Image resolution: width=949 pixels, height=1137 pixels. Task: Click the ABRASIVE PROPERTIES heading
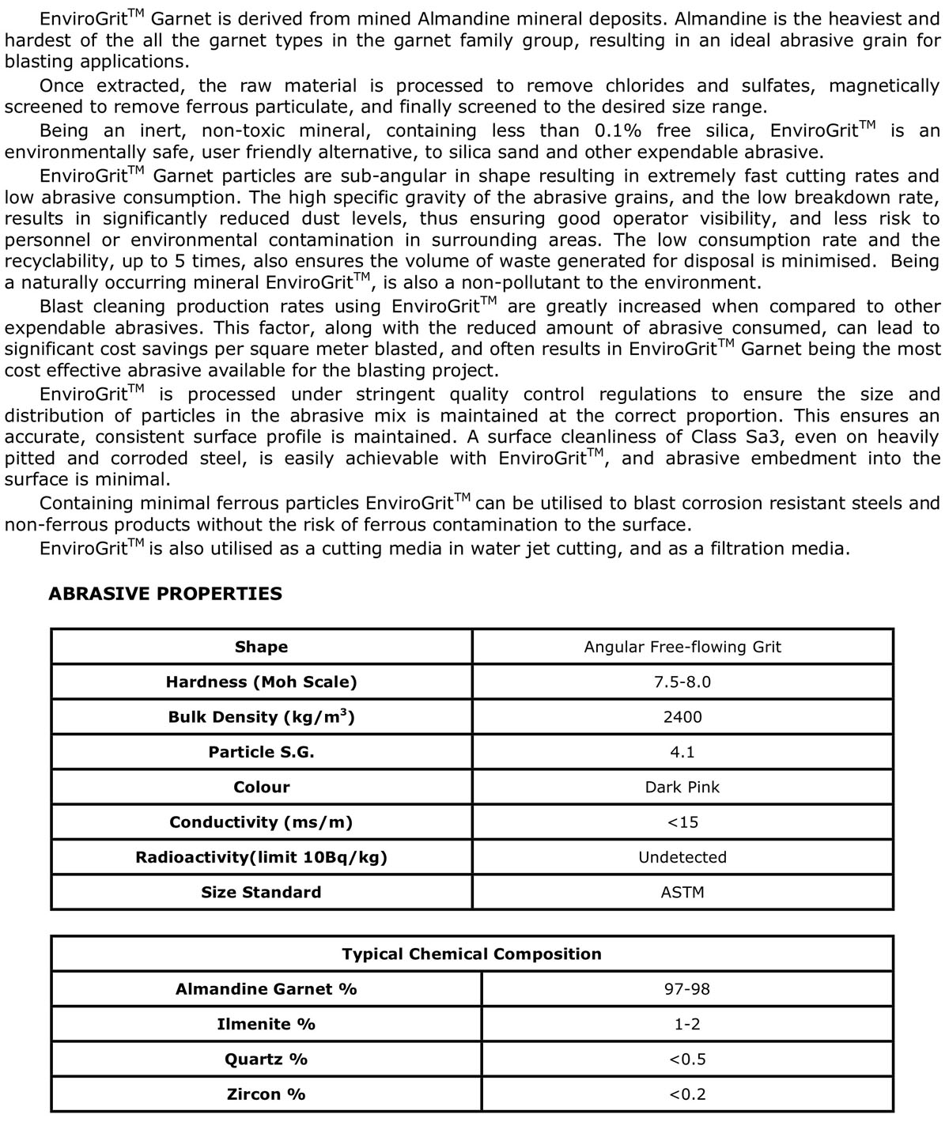click(x=165, y=594)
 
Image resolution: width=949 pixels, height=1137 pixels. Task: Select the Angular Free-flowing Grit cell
click(x=682, y=647)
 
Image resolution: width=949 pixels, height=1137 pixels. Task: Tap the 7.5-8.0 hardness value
click(x=682, y=682)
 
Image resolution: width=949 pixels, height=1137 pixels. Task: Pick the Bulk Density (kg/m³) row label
click(x=261, y=717)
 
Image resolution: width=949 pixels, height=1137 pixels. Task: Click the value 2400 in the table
click(x=682, y=717)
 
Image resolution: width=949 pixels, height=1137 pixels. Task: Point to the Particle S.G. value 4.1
click(x=682, y=752)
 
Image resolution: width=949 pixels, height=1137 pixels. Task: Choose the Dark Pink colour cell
click(x=682, y=787)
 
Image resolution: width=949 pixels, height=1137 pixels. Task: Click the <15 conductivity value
click(x=682, y=822)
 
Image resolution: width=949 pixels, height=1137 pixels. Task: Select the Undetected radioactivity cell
click(x=682, y=857)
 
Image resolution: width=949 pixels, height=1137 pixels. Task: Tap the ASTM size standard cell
click(x=682, y=892)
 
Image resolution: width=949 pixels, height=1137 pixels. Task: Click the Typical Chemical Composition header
click(x=471, y=954)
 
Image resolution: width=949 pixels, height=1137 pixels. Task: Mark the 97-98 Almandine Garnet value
click(x=687, y=989)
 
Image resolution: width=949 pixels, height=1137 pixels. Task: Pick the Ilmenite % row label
click(x=266, y=1024)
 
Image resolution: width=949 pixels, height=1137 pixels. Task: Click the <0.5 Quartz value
click(x=687, y=1060)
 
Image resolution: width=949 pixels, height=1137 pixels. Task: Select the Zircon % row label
click(x=266, y=1094)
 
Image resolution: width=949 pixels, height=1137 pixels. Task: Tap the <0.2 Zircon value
click(x=687, y=1094)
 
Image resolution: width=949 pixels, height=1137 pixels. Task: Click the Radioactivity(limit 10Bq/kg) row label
click(x=261, y=857)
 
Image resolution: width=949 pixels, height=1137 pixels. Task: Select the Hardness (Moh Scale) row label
click(x=261, y=682)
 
